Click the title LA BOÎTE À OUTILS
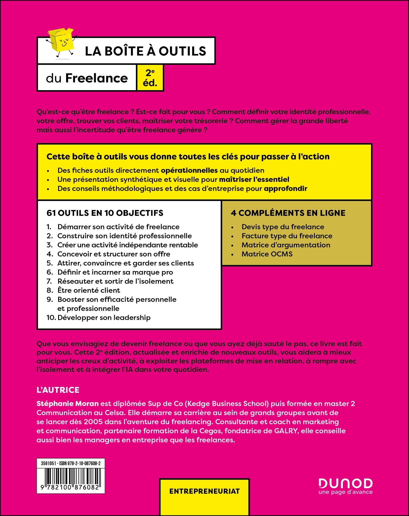(x=145, y=51)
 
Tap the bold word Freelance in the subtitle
(x=96, y=78)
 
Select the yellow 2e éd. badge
(x=150, y=78)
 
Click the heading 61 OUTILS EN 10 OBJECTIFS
(x=105, y=213)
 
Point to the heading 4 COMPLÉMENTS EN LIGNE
(x=288, y=213)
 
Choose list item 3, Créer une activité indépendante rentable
(x=127, y=245)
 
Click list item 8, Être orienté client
(x=89, y=290)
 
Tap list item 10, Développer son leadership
(x=104, y=317)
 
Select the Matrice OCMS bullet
(x=267, y=254)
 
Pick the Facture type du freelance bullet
(x=287, y=236)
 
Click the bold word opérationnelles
(x=189, y=171)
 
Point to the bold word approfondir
(x=285, y=189)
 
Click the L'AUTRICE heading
(x=58, y=390)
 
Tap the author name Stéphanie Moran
(x=67, y=404)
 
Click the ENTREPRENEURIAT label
(x=204, y=491)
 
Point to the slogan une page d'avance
(x=345, y=492)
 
